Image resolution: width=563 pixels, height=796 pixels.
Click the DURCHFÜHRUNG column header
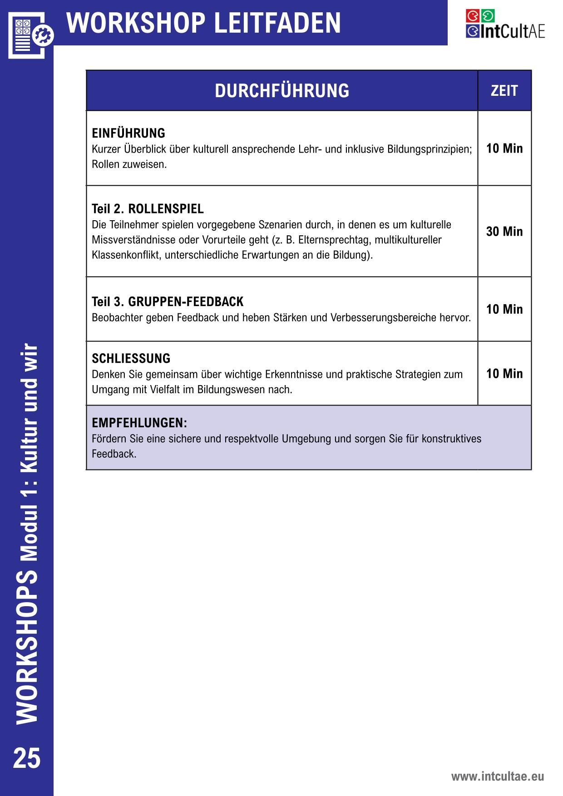282,91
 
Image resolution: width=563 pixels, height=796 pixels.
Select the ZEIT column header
504,91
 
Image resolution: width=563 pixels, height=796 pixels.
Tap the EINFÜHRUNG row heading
128,133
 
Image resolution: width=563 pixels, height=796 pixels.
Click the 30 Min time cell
504,232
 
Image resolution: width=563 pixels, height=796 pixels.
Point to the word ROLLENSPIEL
166,209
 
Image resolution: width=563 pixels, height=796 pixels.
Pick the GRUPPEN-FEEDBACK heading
186,302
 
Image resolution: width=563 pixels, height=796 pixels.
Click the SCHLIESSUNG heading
131,359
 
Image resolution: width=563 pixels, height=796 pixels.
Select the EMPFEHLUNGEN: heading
139,423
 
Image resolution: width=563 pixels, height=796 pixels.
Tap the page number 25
27,758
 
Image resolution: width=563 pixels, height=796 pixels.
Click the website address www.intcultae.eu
497,776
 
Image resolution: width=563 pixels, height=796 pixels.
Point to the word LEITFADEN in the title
277,23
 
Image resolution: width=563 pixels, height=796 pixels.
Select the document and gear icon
30,35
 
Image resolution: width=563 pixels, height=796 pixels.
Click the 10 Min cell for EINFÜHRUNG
504,148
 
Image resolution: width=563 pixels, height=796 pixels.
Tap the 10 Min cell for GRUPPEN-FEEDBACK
504,309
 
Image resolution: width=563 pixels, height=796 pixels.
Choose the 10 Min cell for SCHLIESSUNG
504,374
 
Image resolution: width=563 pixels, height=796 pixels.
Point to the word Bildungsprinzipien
430,149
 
